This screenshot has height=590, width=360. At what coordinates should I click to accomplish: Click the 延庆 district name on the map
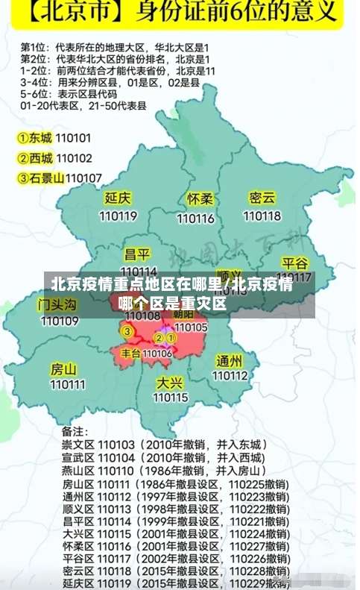119,198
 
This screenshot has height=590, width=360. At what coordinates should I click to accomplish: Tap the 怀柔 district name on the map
200,199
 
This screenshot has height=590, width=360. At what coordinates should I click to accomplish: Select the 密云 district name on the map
262,198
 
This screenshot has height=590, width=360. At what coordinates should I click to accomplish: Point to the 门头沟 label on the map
57,304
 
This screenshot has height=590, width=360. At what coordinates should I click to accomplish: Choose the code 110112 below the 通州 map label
230,376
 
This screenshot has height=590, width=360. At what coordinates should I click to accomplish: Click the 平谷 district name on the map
294,264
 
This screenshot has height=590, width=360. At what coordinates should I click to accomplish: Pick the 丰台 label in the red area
131,353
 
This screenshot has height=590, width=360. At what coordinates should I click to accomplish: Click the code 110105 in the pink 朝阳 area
191,327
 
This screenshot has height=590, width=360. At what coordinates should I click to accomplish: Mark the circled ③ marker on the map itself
127,331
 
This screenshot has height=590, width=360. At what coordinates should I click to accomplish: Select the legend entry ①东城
35,138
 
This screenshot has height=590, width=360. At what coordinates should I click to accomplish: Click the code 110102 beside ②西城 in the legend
75,158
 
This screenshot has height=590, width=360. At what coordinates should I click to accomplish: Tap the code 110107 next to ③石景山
83,178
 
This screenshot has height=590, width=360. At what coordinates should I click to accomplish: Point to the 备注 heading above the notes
75,430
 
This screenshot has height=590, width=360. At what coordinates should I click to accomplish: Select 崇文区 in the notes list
76,444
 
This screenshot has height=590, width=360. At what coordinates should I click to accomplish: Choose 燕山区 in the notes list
76,471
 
